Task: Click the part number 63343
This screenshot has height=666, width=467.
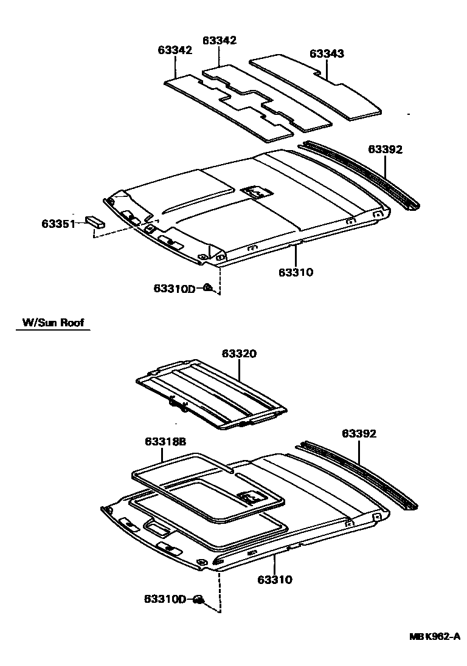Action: click(x=327, y=53)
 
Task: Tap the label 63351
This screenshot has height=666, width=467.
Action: click(x=58, y=224)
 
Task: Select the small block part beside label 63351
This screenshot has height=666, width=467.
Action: click(x=95, y=220)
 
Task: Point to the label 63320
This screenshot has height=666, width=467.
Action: click(x=239, y=354)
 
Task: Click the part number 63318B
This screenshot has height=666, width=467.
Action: click(x=165, y=442)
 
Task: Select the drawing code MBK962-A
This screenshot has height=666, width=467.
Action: click(x=434, y=636)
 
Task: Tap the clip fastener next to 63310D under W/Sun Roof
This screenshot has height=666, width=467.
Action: click(x=199, y=600)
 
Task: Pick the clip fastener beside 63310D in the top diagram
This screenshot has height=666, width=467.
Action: click(x=207, y=287)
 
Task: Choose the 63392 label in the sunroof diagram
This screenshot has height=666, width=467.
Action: click(x=359, y=434)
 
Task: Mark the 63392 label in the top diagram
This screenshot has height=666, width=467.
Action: click(x=385, y=149)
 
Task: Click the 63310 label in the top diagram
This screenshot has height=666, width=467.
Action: click(x=296, y=272)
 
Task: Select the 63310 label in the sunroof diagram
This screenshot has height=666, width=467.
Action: click(x=275, y=580)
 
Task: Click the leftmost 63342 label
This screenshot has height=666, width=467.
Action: click(x=175, y=50)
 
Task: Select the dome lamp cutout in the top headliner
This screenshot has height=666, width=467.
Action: click(x=257, y=192)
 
